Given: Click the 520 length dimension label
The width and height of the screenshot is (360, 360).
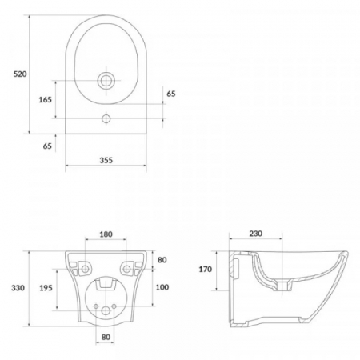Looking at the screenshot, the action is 20,74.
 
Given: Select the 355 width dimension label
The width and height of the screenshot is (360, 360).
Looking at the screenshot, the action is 106,160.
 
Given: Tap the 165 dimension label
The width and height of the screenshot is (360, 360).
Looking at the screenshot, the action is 46,100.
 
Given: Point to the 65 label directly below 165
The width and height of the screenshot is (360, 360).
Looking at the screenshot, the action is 47,146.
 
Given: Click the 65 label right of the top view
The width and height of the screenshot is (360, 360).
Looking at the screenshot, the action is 171,94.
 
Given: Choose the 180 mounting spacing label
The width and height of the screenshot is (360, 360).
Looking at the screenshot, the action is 106,234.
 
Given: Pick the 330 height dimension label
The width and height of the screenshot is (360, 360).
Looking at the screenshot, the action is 18,288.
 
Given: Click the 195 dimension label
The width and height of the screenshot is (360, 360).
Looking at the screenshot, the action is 46,288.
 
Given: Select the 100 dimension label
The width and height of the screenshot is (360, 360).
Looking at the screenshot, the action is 162,287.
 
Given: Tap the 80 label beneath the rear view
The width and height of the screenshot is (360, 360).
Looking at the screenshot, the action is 106,337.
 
